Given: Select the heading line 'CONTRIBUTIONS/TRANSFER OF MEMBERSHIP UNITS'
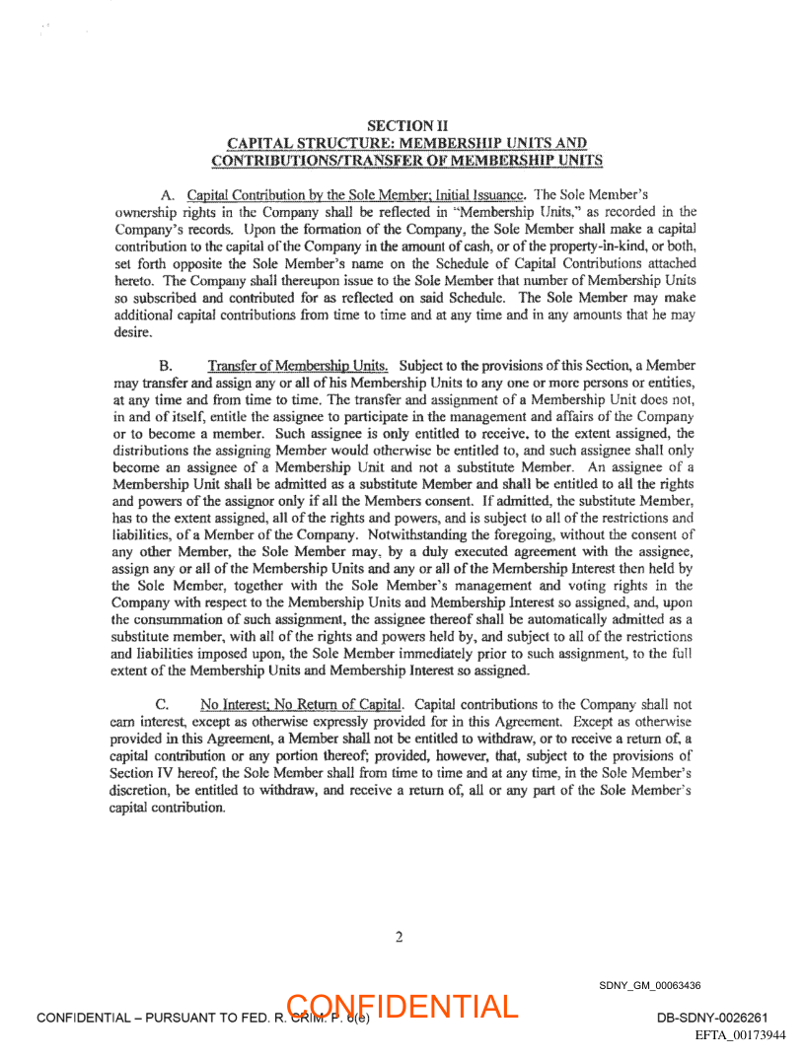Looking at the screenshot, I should tap(406, 160).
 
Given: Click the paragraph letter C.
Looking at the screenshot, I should tap(166, 705).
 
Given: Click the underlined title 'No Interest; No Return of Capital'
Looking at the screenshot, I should tap(302, 705).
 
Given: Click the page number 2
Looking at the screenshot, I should tap(400, 937).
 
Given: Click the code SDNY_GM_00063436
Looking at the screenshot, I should tap(649, 986).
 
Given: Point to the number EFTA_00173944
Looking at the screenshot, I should tap(740, 1035).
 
